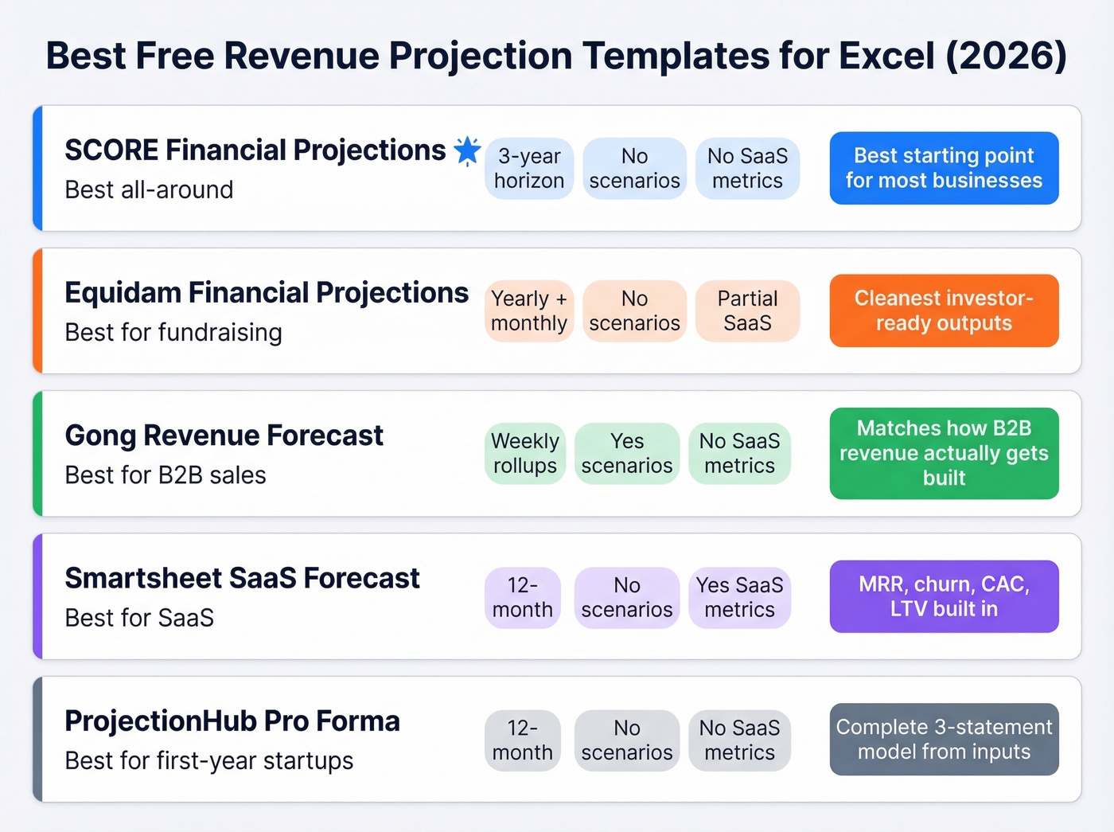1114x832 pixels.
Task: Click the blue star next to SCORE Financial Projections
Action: click(x=467, y=150)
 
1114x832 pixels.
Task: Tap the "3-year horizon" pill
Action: click(x=529, y=168)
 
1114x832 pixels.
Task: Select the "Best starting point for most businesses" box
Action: click(x=944, y=168)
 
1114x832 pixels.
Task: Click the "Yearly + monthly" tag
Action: click(x=529, y=311)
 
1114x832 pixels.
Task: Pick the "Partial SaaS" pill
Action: click(x=747, y=311)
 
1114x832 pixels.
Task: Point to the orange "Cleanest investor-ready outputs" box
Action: click(x=944, y=311)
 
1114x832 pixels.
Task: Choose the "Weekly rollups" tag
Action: click(x=525, y=453)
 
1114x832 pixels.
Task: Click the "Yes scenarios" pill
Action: click(x=627, y=453)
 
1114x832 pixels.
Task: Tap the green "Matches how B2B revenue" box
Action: click(x=944, y=453)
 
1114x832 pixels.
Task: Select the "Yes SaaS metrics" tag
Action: click(x=739, y=597)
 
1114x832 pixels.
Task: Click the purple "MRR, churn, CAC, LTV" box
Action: click(x=944, y=596)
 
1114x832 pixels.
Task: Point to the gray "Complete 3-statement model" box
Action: click(x=944, y=739)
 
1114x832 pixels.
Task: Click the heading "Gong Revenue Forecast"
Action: click(x=224, y=436)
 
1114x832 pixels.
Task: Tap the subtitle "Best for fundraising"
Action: click(x=173, y=332)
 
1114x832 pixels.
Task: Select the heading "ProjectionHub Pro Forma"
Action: click(x=232, y=721)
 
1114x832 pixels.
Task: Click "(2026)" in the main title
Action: click(x=1006, y=56)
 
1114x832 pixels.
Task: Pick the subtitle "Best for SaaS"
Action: click(x=139, y=618)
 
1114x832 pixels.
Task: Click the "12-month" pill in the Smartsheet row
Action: click(x=523, y=597)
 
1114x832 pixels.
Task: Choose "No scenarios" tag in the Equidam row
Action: click(x=634, y=311)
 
